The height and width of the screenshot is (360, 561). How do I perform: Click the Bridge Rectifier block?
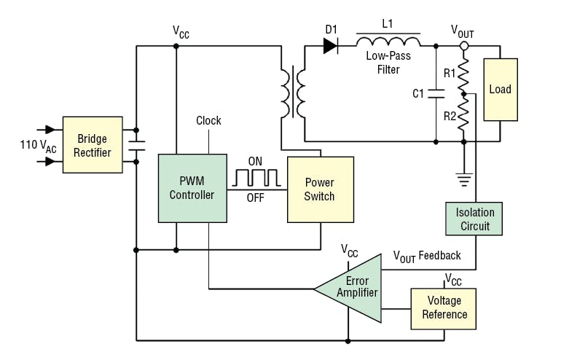point(92,144)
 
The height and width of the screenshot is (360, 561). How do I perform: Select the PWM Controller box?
point(192,188)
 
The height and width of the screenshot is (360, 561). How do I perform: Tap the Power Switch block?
point(320,189)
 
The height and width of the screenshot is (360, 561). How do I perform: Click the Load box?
point(501,90)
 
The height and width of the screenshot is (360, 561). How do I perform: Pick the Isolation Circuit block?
point(474,219)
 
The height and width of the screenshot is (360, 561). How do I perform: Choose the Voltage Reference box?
point(444,308)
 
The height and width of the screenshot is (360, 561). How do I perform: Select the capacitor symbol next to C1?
point(436,93)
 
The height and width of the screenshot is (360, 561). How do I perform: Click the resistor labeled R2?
point(463,117)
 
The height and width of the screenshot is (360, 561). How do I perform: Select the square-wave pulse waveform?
point(255,177)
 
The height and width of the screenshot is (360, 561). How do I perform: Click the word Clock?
point(208,121)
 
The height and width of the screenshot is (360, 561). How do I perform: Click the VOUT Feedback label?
point(427,256)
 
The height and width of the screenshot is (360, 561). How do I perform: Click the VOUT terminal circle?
point(463,46)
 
